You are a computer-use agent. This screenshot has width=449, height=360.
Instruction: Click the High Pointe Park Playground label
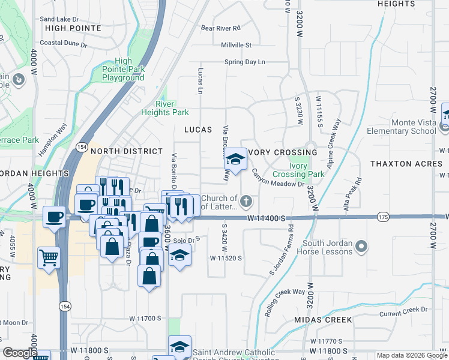[123, 70]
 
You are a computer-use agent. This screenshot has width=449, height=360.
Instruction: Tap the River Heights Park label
[164, 108]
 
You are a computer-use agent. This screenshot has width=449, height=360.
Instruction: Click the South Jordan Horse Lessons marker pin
[361, 247]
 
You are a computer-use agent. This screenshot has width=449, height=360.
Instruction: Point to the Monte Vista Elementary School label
[405, 127]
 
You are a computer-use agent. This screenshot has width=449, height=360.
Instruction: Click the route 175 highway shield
[383, 216]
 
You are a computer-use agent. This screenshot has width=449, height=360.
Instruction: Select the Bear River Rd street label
[220, 28]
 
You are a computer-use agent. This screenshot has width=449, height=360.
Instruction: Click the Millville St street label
[236, 45]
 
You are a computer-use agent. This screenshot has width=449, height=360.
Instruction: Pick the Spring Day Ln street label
[244, 62]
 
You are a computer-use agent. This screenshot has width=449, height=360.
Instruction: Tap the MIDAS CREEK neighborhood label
[323, 320]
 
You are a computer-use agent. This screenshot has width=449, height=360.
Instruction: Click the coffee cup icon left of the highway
[55, 217]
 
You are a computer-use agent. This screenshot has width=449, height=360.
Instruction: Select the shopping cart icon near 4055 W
[49, 257]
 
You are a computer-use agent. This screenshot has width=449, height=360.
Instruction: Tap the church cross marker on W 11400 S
[246, 200]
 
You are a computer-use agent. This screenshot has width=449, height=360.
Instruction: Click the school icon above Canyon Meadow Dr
[235, 159]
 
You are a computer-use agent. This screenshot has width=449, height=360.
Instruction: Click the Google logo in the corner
[20, 353]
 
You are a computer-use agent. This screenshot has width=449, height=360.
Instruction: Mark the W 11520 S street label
[225, 258]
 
